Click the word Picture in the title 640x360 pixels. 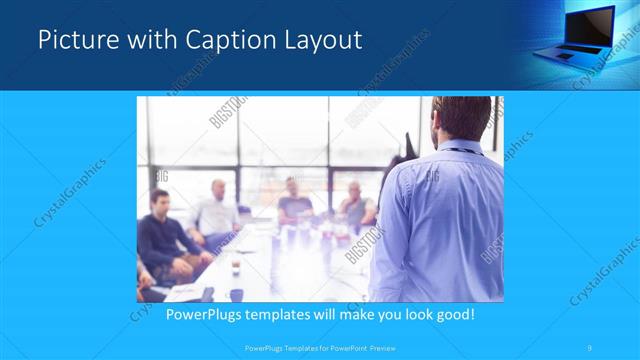pos(72,41)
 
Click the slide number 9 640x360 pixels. pos(590,348)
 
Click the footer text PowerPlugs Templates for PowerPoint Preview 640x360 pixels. pos(320,348)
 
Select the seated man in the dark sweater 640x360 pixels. pos(161,240)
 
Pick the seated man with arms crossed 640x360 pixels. pos(355,205)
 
